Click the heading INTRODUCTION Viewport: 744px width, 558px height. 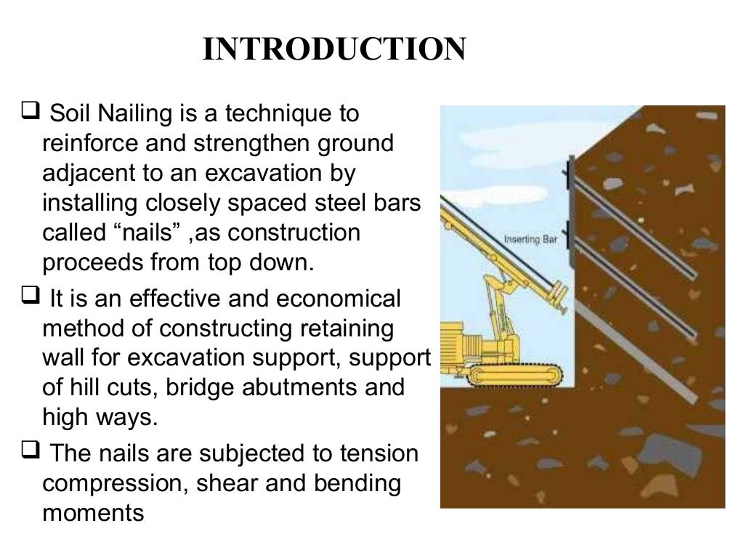(x=333, y=50)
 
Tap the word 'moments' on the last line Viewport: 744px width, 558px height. (x=94, y=514)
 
